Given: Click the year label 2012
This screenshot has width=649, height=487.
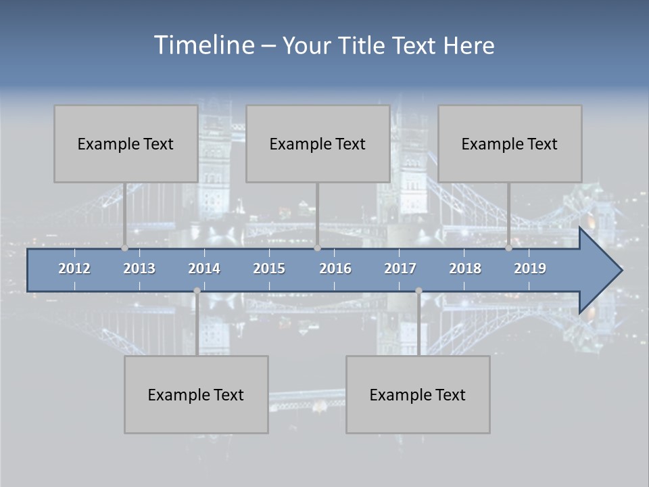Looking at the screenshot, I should (x=74, y=269).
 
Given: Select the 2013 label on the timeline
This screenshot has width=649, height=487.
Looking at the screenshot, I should (x=139, y=269).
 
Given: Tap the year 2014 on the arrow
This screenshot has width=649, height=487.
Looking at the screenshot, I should (x=204, y=269).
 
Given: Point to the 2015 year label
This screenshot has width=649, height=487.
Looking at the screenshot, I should (x=269, y=269).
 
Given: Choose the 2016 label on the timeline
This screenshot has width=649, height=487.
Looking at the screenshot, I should (x=335, y=269).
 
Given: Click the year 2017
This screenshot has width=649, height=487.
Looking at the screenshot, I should (x=400, y=269).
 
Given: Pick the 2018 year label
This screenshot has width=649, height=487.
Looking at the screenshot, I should (x=465, y=269).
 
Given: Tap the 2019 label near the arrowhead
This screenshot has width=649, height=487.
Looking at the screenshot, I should (x=530, y=269).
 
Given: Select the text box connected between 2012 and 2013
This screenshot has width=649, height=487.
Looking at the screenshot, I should (x=126, y=143).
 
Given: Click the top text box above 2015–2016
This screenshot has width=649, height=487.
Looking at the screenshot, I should (x=318, y=143).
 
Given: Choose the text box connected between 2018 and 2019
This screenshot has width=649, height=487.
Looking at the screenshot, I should (x=510, y=143).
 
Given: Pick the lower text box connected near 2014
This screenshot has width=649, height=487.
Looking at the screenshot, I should (x=196, y=394).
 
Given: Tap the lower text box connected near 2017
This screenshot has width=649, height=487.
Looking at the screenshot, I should (x=418, y=394).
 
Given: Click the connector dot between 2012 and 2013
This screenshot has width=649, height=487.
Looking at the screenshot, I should (x=124, y=248).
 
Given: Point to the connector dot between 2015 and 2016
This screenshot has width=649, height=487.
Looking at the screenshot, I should (x=317, y=248).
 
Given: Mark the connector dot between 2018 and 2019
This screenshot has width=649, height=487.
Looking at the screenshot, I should (x=508, y=248).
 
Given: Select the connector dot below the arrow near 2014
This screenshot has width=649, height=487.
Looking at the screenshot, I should (x=197, y=291).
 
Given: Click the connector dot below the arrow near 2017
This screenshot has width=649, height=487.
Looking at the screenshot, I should (x=418, y=291).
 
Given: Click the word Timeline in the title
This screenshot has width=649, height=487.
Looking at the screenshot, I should (x=204, y=45).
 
